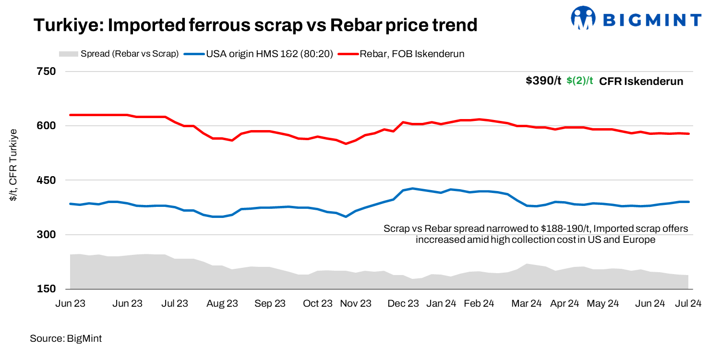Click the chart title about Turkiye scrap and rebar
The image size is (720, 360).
tap(255, 25)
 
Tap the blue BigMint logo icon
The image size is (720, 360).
tap(582, 19)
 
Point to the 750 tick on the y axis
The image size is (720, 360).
tap(47, 72)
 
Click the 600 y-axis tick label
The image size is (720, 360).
tap(47, 126)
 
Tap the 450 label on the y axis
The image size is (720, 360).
tap(47, 180)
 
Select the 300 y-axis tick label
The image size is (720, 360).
tap(47, 235)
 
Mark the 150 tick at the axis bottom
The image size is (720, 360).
tap(47, 289)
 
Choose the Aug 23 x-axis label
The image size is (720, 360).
tap(222, 303)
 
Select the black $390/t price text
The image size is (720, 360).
tap(543, 81)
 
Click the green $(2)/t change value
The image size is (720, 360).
tap(580, 81)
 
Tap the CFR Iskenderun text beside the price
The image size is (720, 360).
tap(641, 81)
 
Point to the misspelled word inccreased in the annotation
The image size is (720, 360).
tap(440, 240)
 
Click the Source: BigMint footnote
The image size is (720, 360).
tap(66, 338)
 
